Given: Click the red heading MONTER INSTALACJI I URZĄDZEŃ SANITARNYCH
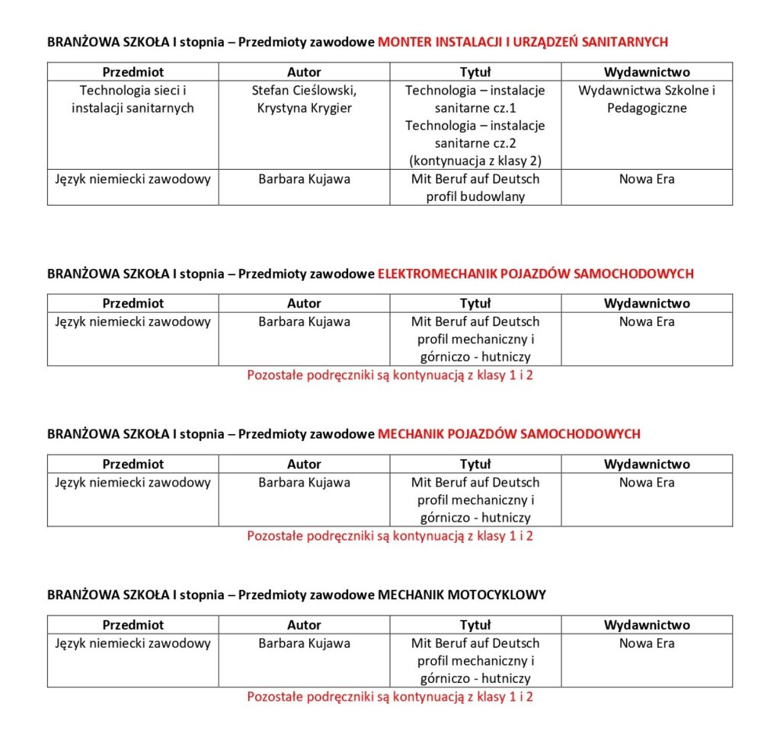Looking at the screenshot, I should coord(523,42).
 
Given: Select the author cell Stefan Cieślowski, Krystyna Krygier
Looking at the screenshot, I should coord(304,99).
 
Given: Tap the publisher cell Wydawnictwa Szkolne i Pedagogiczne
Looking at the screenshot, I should coord(647,99).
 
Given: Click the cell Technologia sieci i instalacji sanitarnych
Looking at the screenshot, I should coord(133,99).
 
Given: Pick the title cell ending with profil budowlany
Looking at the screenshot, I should coord(475,187).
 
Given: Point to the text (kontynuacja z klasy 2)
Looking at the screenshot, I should coord(475,161).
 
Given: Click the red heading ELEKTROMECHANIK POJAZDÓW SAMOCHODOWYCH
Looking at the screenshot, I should coord(535,273).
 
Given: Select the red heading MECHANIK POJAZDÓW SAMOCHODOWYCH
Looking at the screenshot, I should coord(509,434).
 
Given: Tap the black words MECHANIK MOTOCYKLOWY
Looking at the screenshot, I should coord(462,595).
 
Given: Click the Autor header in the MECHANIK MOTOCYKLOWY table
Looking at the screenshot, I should coord(304,625).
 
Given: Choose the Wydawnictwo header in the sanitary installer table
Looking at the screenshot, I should coord(647,72).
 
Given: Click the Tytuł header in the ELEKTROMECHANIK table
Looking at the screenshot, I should coord(475,303).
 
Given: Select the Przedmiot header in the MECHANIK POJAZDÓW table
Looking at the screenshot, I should coord(133,464).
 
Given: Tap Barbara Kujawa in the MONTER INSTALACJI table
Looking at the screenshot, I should coord(304,179).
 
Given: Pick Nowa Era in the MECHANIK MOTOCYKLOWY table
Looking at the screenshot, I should coord(647,643).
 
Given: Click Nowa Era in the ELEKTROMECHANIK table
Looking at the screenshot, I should coord(647,321).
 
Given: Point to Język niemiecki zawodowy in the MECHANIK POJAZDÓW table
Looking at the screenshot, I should coord(133,482).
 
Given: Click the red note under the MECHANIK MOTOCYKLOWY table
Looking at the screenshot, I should coord(390,697).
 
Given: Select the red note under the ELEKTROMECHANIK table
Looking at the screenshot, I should coord(390,375).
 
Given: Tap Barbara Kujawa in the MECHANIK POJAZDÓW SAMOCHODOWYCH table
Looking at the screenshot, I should coord(304,482).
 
